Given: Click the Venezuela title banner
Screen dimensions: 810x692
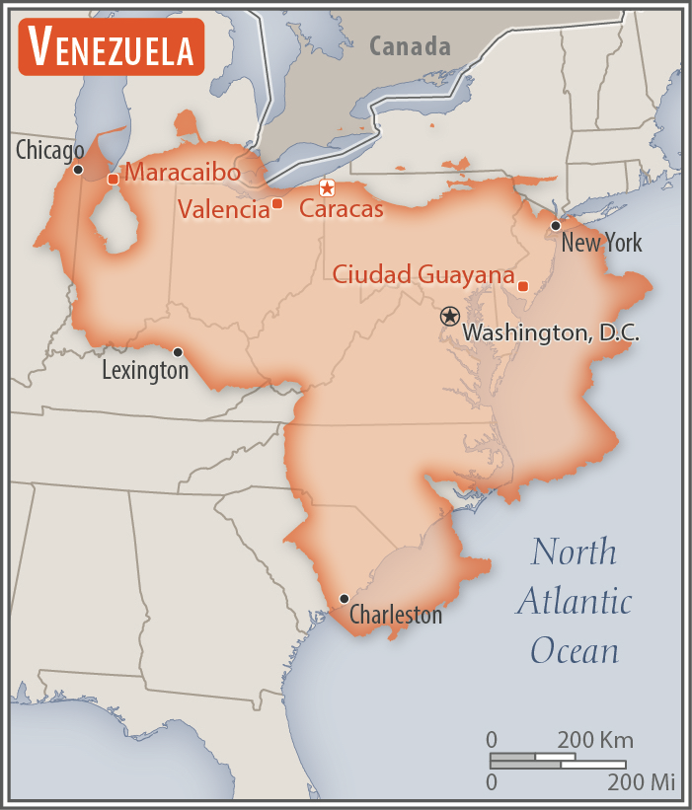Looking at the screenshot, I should (111, 46).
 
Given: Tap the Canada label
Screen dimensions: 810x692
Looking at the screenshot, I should (410, 46).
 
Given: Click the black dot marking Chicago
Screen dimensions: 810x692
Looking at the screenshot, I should (78, 170).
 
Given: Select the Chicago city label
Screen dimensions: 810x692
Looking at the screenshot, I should (49, 151).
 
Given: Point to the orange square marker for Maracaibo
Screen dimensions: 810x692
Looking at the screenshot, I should (113, 179).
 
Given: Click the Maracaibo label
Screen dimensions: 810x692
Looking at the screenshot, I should (183, 173).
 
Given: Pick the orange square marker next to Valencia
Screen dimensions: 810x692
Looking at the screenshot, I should (277, 203).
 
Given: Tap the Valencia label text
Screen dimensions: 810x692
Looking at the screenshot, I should (224, 209).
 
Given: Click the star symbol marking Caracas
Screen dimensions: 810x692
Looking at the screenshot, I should (327, 187).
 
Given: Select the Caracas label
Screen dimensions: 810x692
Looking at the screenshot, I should (341, 209).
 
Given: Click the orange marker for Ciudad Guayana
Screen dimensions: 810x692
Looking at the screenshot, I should (523, 286).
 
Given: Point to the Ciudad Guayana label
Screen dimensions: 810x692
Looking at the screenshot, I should (423, 274).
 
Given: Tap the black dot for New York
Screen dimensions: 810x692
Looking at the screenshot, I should (556, 226).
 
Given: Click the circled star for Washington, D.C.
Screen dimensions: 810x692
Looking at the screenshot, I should (449, 316).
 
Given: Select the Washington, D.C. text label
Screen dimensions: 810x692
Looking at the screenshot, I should (551, 333).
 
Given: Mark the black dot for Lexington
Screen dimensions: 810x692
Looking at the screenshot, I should (178, 352).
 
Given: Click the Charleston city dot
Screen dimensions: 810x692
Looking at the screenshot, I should (344, 599).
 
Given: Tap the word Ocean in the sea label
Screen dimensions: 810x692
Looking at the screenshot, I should (575, 650).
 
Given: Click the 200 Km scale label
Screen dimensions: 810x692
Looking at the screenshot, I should (595, 740).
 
